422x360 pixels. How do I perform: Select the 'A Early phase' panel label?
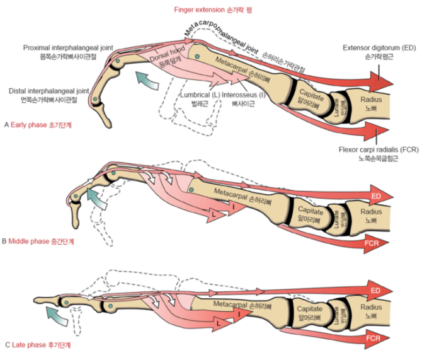pos(38,125)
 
